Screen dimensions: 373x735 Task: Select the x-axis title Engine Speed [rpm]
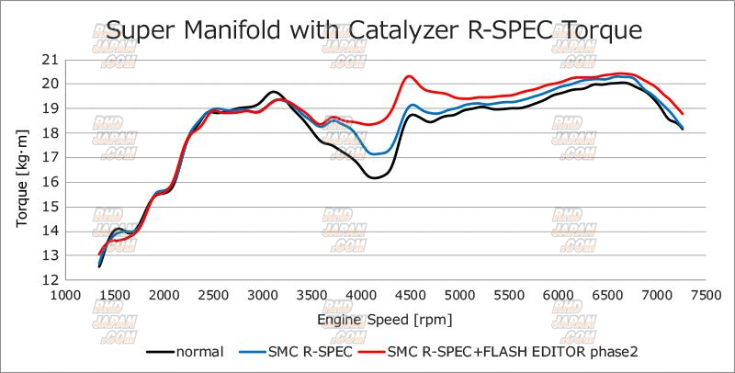[x=385, y=319]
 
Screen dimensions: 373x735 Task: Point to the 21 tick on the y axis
[x=50, y=60]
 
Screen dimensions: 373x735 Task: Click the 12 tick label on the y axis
[x=50, y=280]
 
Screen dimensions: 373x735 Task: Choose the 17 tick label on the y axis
[x=50, y=157]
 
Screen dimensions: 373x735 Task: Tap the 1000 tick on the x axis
[x=64, y=296]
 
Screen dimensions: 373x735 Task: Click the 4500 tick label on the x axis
[x=410, y=296]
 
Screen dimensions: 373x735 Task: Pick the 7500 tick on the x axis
[x=706, y=296]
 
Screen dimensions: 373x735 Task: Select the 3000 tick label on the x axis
[x=262, y=296]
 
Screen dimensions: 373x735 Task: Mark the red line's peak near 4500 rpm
[x=409, y=76]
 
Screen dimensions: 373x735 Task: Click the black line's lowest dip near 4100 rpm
[x=376, y=177]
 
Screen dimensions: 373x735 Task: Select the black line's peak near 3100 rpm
[x=273, y=92]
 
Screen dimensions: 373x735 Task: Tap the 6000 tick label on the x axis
[x=558, y=296]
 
